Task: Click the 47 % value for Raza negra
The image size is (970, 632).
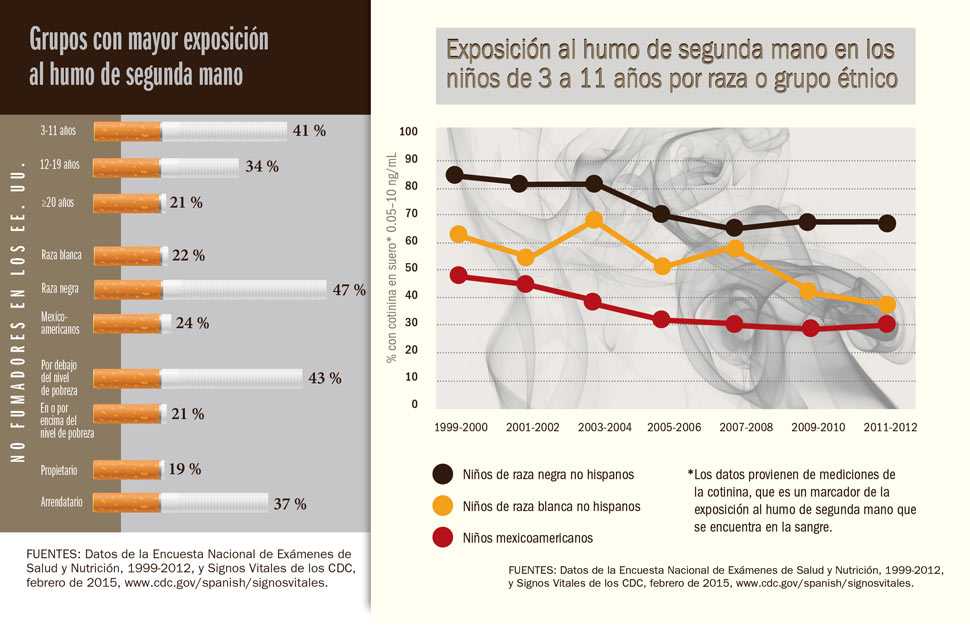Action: click(x=349, y=290)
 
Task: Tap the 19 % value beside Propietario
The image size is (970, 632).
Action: click(x=184, y=469)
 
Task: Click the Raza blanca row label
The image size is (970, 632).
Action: click(x=61, y=255)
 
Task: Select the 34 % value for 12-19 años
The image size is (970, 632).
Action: click(x=261, y=166)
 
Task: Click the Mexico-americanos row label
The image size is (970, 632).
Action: click(x=61, y=323)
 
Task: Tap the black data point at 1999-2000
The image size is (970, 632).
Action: click(x=455, y=175)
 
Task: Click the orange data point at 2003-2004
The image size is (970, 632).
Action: click(x=594, y=219)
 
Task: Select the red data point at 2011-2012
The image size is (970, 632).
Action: click(x=887, y=323)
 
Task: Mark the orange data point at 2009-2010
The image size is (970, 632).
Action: click(x=808, y=291)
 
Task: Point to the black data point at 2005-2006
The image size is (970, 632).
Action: click(x=661, y=214)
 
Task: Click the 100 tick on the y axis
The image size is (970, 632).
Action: click(x=408, y=132)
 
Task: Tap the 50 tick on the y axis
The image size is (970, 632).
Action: click(x=411, y=269)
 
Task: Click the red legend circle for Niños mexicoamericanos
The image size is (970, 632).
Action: click(x=443, y=537)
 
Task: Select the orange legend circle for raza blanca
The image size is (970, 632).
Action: click(x=443, y=506)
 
